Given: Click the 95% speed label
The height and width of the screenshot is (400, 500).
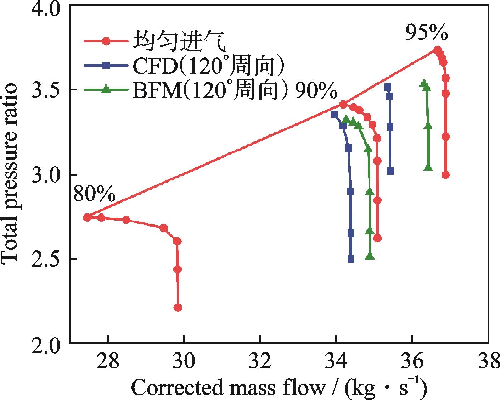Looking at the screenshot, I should tap(427, 34).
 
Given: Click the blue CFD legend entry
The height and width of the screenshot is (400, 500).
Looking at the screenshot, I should tap(184, 66).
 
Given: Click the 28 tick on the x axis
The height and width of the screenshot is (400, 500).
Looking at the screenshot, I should tap(108, 362).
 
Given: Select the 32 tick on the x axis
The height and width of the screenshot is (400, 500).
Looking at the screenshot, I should tap(260, 362).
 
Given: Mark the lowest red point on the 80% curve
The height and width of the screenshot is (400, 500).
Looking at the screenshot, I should tap(178, 307).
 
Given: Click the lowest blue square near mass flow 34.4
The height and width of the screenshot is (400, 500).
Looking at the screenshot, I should tap(351, 259).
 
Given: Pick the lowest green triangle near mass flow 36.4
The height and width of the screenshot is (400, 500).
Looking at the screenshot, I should tap(428, 167).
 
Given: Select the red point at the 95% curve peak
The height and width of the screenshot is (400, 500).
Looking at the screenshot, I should tap(438, 50).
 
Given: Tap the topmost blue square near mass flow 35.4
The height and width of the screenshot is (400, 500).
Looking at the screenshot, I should tap(388, 87).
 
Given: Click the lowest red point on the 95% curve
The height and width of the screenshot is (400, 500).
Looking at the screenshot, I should tap(446, 175).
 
